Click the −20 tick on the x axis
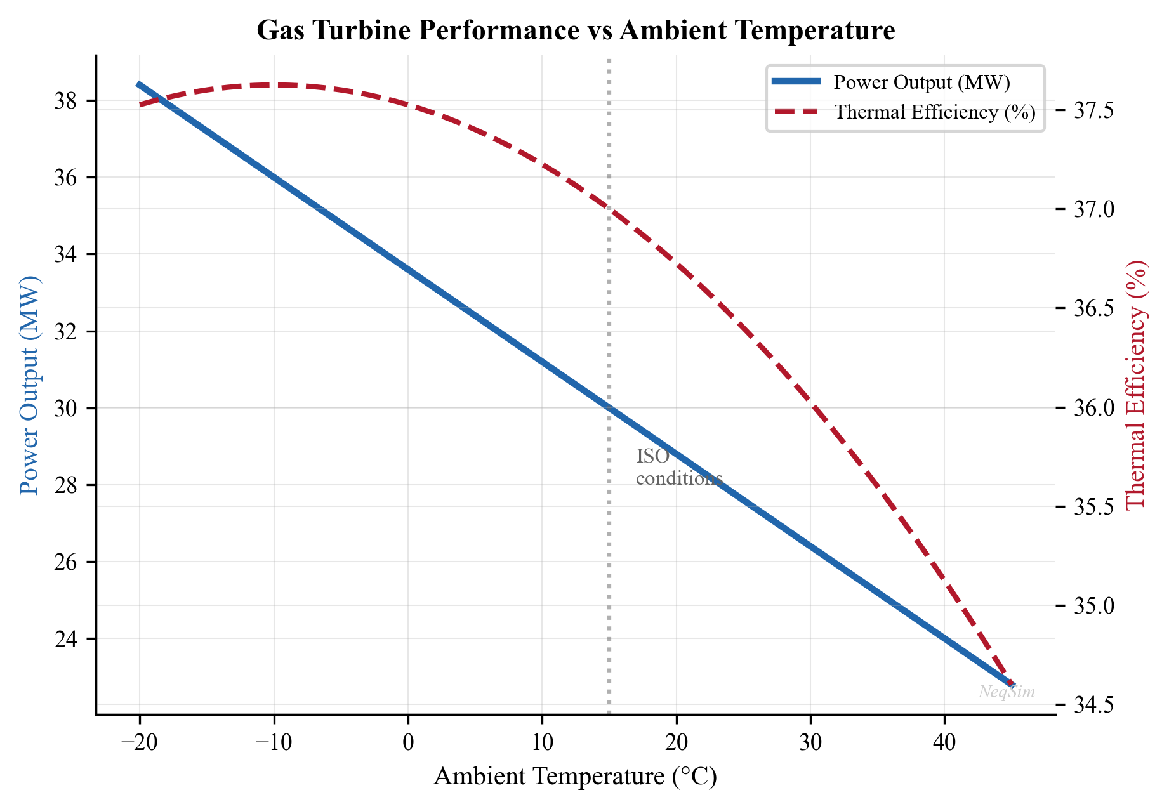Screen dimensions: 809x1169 [139, 742]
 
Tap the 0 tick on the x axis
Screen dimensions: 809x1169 [408, 742]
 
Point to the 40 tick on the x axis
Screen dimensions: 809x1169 [944, 742]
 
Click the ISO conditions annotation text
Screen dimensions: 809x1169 [678, 468]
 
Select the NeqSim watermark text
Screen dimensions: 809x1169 [1007, 692]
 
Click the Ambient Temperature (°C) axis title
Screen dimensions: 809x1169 [575, 777]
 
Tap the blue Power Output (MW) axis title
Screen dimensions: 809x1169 [29, 385]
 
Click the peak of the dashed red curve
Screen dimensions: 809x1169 [274, 84]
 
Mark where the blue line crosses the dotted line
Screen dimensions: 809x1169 [609, 408]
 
